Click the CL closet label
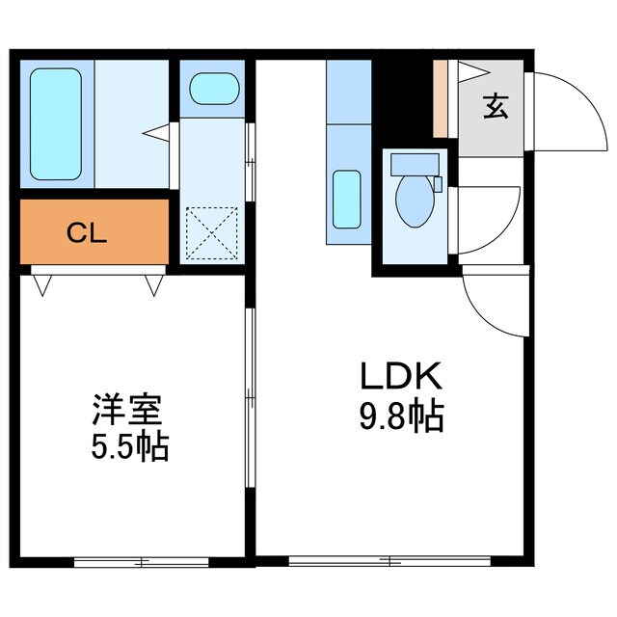[87, 232]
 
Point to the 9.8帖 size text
[402, 416]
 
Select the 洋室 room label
[125, 410]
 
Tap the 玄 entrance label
[496, 106]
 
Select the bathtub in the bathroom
[55, 122]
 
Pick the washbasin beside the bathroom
[213, 91]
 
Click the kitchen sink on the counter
[346, 197]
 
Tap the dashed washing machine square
[212, 233]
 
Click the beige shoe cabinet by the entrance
[440, 99]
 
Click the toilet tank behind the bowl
[416, 164]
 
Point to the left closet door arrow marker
[42, 284]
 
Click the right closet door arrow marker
[154, 284]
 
